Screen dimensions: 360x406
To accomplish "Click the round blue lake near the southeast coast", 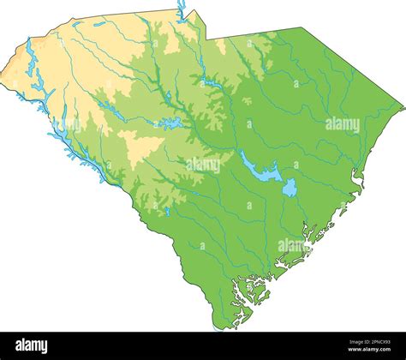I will click(290, 188).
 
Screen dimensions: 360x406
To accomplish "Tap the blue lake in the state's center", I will click(170, 124).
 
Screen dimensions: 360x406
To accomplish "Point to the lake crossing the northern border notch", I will click(182, 10).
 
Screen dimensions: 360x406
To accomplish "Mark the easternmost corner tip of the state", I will click(403, 107).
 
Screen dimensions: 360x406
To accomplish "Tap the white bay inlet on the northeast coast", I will click(357, 178).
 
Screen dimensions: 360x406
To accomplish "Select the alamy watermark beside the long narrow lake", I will click(203, 165).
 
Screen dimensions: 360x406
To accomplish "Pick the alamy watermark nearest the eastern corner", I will click(342, 124).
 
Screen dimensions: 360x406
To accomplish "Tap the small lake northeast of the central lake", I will click(210, 82).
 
